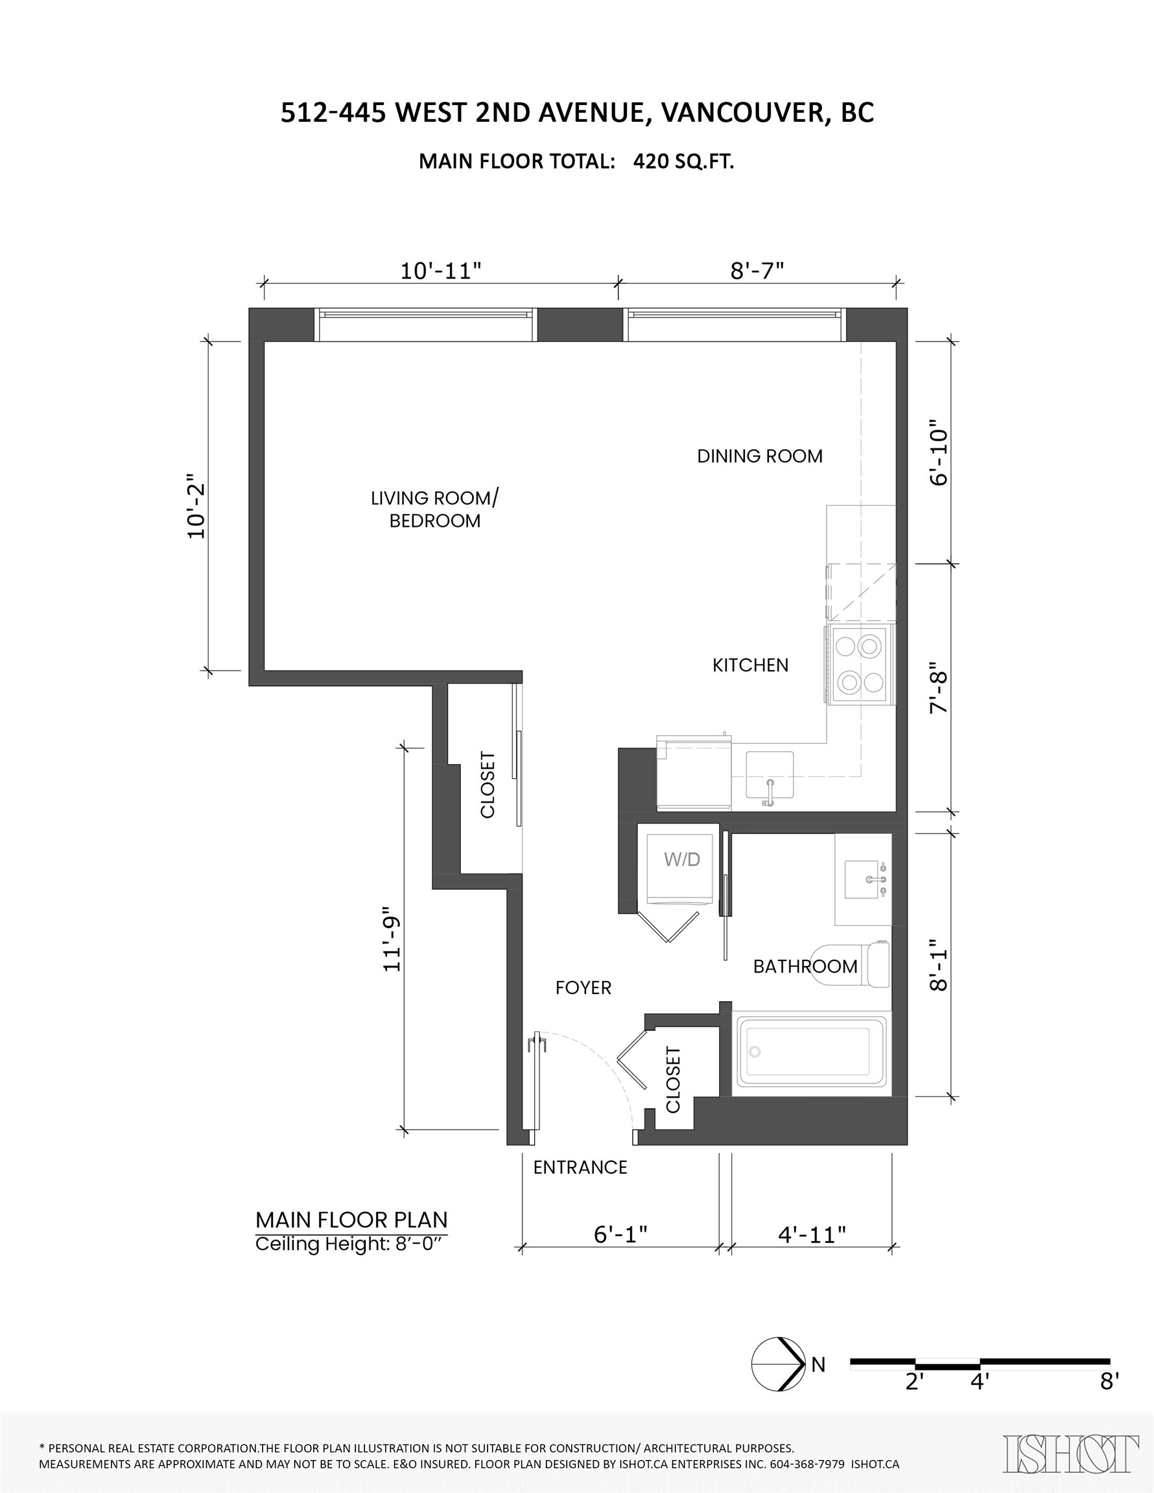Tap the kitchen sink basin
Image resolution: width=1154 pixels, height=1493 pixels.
click(x=770, y=774)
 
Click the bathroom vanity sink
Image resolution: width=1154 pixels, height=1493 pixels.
click(x=866, y=879)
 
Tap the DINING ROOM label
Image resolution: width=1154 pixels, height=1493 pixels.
click(x=759, y=456)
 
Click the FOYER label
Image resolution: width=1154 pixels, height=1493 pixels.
click(x=583, y=987)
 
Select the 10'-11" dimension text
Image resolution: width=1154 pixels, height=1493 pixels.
click(x=442, y=272)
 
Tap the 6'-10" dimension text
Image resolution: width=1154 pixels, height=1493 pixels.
click(x=939, y=457)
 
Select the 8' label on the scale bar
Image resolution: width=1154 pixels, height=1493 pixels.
click(x=1109, y=1382)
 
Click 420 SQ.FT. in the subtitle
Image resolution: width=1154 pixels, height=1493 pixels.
click(x=683, y=161)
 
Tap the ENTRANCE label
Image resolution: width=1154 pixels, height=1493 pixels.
click(x=580, y=1167)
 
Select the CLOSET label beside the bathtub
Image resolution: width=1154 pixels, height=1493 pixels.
click(x=673, y=1080)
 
